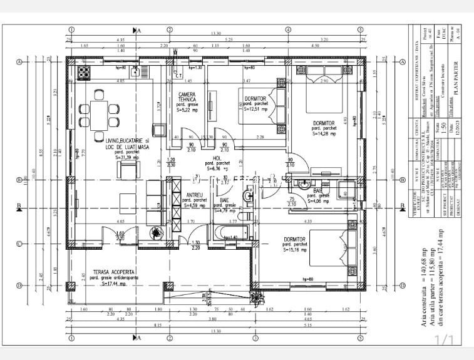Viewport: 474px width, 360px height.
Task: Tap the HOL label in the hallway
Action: click(217, 158)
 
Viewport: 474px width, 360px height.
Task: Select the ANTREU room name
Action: click(195, 195)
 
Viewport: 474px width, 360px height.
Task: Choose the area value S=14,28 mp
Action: click(321, 133)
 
